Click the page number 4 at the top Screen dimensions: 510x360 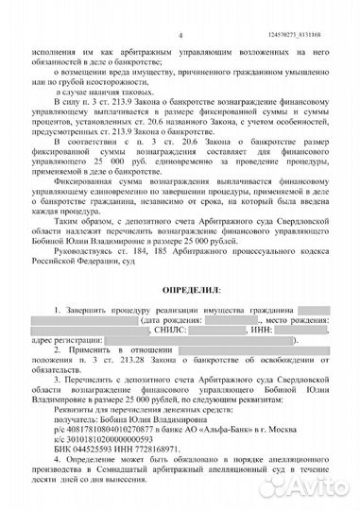pos(178,9)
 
